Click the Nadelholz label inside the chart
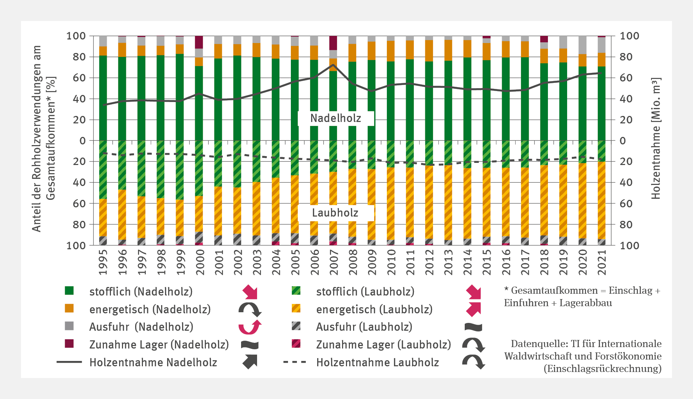[x=336, y=118]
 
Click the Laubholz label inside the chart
[x=335, y=213]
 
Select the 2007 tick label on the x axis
[x=333, y=262]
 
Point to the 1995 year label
[x=103, y=262]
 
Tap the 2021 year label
[x=602, y=262]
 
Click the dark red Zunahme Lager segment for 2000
[x=199, y=42]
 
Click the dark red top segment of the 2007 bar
[x=333, y=43]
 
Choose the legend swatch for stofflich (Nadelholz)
[x=69, y=291]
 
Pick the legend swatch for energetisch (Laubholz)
[x=296, y=309]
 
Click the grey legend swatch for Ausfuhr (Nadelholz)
[x=69, y=326]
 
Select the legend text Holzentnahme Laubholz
[x=378, y=362]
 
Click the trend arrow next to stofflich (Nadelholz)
[x=250, y=292]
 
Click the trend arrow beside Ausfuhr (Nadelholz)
[x=250, y=327]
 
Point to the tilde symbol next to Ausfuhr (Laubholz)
[x=473, y=327]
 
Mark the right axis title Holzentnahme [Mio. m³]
[x=656, y=139]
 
